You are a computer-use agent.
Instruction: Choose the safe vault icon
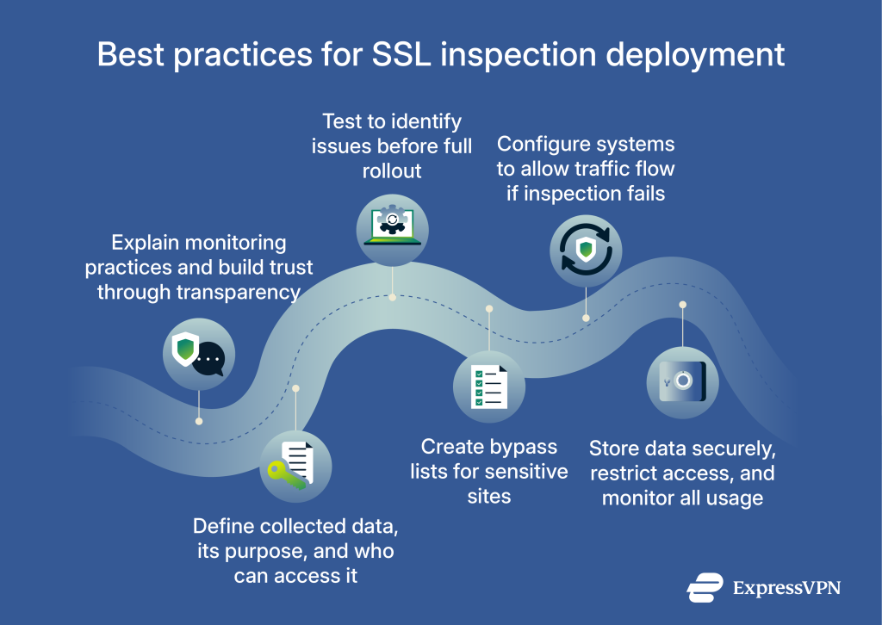682,382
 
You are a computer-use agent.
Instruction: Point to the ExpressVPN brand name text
786,588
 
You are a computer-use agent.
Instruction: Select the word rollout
392,170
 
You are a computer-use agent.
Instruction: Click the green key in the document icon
284,475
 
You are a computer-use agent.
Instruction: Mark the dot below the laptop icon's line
392,297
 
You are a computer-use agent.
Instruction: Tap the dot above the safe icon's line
682,305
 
